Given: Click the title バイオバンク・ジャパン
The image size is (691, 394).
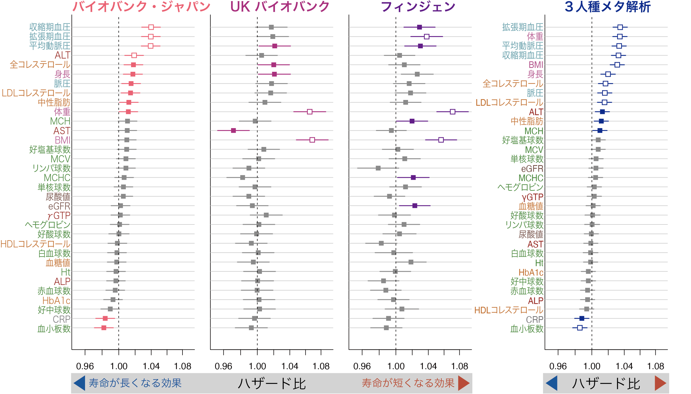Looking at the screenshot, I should (141, 7).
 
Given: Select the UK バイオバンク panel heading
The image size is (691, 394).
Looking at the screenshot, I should (280, 7).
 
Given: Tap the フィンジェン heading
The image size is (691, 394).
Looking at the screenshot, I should (418, 7).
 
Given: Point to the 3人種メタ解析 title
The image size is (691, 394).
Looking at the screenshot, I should (608, 7).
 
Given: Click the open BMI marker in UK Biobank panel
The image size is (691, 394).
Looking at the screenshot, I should (312, 140).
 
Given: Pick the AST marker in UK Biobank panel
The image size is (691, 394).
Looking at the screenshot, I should (233, 131).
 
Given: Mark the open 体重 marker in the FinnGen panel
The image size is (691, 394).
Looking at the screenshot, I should (452, 112).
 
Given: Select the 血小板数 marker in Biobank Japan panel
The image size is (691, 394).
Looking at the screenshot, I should (104, 328).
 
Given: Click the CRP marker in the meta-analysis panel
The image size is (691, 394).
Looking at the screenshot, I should (582, 318).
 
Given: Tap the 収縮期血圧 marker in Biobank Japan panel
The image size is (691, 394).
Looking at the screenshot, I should (151, 27).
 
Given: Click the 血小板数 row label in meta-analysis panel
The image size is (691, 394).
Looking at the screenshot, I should (527, 329).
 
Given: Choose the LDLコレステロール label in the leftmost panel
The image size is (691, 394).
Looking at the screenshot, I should (36, 93).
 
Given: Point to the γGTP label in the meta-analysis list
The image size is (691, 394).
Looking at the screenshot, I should (532, 197).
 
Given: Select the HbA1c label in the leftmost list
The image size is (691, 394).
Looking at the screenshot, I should (56, 300).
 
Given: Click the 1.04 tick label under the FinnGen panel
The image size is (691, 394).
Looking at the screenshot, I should (428, 366).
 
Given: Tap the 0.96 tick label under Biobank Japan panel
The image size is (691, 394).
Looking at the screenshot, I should (85, 366).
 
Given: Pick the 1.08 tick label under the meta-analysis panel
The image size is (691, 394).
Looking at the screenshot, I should (656, 366).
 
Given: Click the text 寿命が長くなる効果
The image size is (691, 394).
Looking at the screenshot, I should (135, 383).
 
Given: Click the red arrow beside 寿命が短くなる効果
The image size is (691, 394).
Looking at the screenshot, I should (464, 383).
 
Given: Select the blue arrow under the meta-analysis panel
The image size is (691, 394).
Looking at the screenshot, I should (552, 383).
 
